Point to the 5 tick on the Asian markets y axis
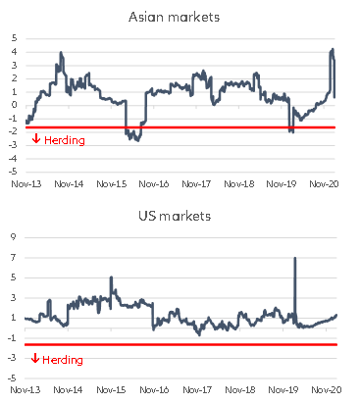15,38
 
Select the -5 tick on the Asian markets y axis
13,171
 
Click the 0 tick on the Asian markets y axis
15,105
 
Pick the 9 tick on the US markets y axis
15,236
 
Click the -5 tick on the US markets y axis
13,378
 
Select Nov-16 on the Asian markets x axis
155,182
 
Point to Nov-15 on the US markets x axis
113,390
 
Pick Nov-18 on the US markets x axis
240,390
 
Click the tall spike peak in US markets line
295,258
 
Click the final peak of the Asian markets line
333,49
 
